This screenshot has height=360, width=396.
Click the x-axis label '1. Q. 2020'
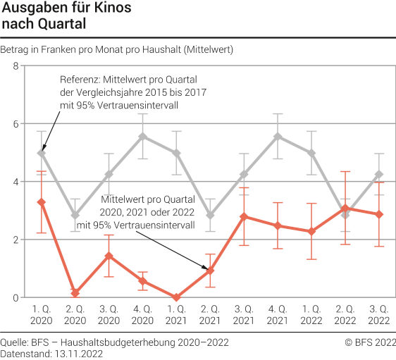(42, 314)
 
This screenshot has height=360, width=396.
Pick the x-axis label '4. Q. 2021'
(278, 314)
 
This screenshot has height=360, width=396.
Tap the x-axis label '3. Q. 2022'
(379, 314)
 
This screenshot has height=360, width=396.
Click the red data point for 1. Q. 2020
(42, 202)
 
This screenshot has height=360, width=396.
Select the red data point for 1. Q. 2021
(176, 297)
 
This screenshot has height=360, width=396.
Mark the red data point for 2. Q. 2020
(75, 292)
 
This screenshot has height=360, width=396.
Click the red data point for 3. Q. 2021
(244, 216)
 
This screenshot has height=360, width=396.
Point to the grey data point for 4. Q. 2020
(143, 137)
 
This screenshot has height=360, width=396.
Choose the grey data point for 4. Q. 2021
(278, 137)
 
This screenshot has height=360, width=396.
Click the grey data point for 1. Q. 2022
(311, 153)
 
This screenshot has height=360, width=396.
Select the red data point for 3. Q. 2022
(379, 214)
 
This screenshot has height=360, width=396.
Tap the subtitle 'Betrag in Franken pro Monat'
(117, 49)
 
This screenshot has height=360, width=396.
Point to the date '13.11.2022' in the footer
(80, 353)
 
